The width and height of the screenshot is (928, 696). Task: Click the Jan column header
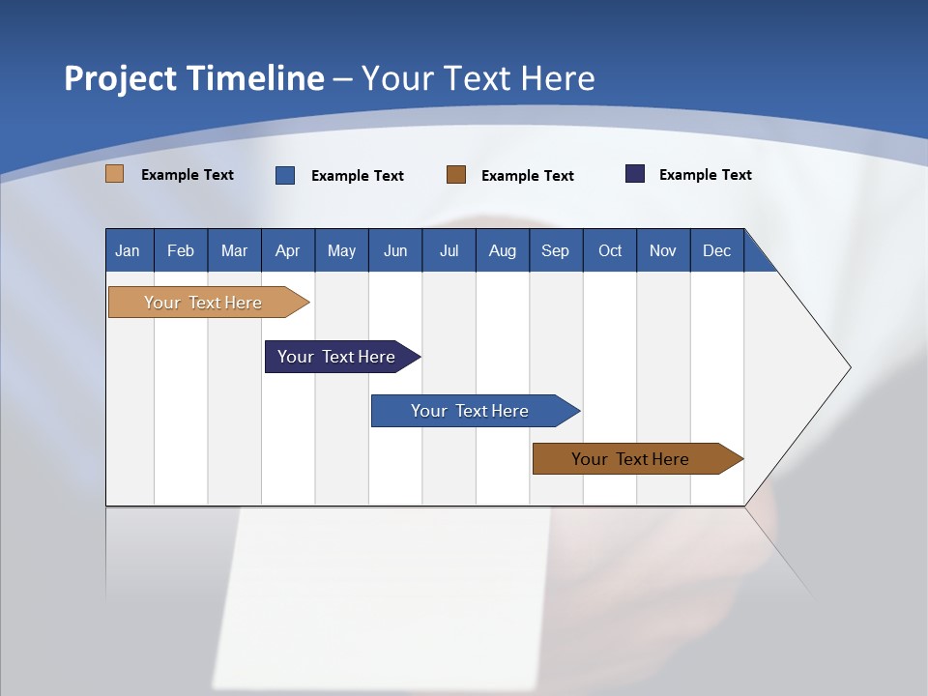[129, 250]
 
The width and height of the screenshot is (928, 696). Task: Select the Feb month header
[181, 250]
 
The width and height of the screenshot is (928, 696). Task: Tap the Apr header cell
[288, 250]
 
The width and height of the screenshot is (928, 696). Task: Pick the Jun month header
[395, 250]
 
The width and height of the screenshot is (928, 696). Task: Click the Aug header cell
[503, 250]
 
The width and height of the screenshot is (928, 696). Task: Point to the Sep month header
[556, 250]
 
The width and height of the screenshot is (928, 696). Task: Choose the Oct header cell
[610, 250]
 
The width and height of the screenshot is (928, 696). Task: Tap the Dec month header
[717, 250]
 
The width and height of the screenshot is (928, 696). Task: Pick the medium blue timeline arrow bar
[471, 411]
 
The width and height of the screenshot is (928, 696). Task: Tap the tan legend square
[115, 174]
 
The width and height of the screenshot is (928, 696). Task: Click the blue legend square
[285, 175]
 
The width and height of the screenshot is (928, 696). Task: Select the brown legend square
[456, 174]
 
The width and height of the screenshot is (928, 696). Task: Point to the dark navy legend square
[635, 174]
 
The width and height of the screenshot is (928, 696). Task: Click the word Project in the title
[121, 78]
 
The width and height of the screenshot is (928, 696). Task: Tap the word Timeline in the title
[255, 78]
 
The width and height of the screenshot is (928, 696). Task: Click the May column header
[341, 250]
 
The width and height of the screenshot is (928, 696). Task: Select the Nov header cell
[663, 250]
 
